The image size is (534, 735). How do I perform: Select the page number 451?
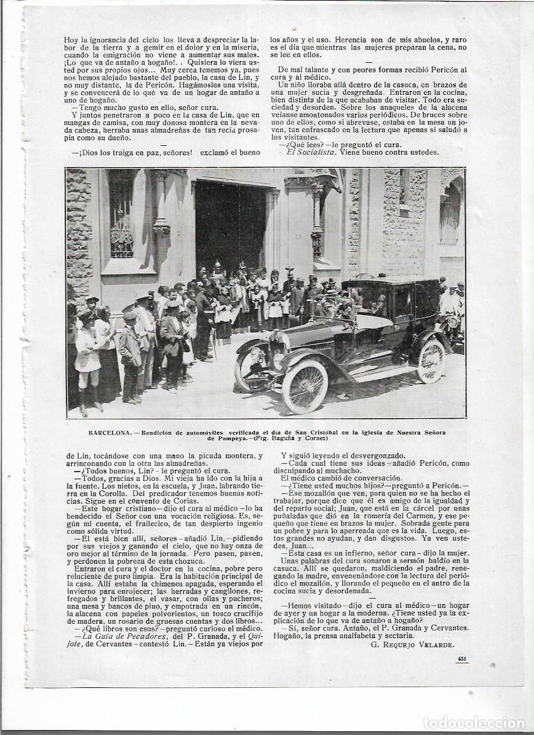pos(461,659)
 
